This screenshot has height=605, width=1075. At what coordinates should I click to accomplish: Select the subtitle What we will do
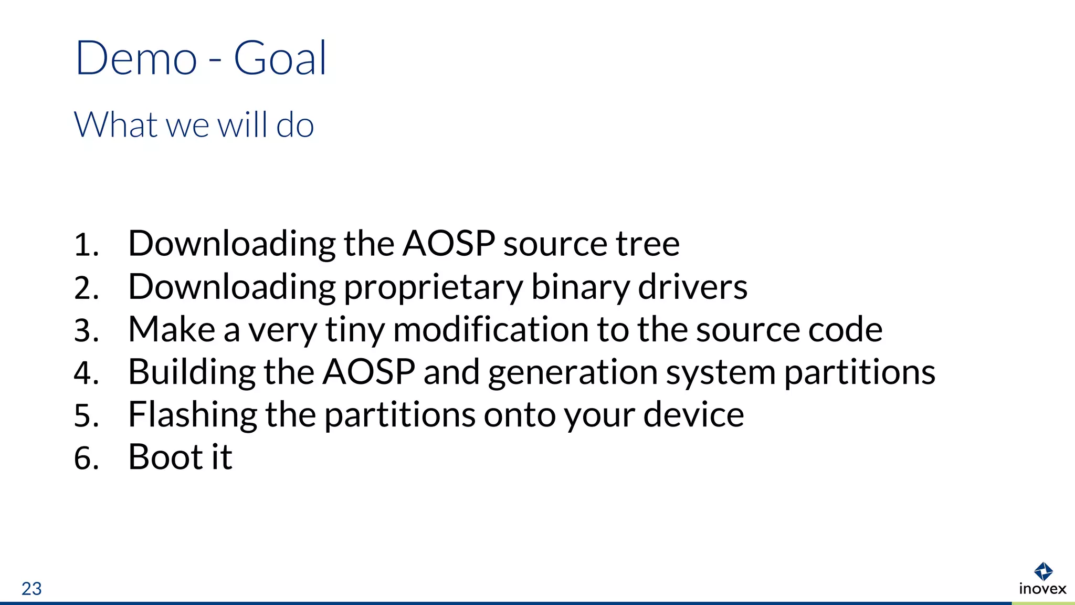pyautogui.click(x=194, y=125)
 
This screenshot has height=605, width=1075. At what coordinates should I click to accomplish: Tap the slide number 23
pyautogui.click(x=31, y=589)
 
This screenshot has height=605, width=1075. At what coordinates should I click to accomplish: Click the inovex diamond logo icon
pyautogui.click(x=1043, y=571)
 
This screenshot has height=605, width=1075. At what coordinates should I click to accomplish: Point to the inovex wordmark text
pyautogui.click(x=1042, y=589)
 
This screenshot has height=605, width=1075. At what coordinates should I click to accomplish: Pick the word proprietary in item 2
pyautogui.click(x=433, y=288)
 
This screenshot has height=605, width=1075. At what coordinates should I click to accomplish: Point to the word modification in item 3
pyautogui.click(x=490, y=329)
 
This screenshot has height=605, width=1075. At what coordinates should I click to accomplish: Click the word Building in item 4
pyautogui.click(x=192, y=373)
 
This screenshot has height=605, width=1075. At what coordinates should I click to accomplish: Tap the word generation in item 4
pyautogui.click(x=573, y=373)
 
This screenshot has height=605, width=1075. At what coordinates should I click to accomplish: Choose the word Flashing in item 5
pyautogui.click(x=193, y=415)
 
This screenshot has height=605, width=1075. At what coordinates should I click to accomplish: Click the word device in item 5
pyautogui.click(x=693, y=414)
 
